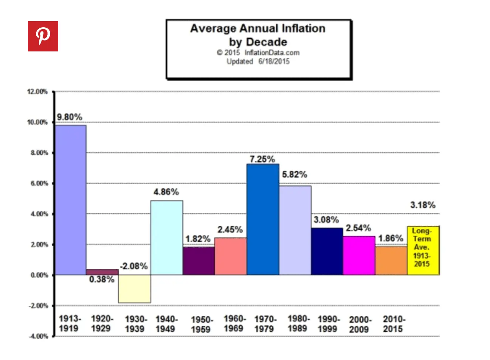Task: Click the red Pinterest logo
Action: tap(43, 36)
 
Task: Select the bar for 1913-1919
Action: tap(71, 200)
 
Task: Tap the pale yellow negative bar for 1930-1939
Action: tap(134, 289)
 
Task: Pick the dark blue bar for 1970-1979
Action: tap(263, 219)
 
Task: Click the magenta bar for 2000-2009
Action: tap(359, 255)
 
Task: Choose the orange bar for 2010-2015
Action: tap(391, 261)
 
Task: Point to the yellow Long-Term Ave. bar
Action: tap(423, 250)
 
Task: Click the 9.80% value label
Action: tap(70, 117)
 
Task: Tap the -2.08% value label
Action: tap(133, 266)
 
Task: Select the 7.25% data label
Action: tap(262, 159)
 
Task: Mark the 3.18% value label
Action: tap(423, 205)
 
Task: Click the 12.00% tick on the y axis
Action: tap(37, 92)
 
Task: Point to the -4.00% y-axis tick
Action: tap(38, 336)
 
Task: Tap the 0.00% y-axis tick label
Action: tap(39, 275)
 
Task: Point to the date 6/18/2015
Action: tap(274, 61)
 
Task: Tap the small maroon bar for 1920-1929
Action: tap(102, 272)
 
